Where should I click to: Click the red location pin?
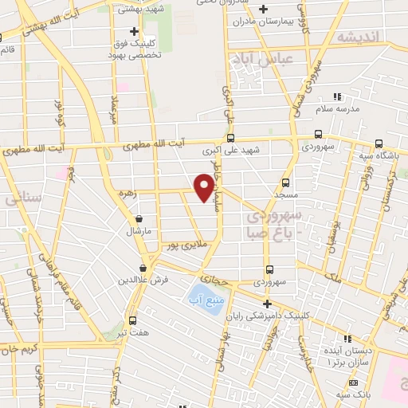(205, 187)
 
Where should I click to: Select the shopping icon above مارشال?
(139, 218)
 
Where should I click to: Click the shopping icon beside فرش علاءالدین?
(143, 268)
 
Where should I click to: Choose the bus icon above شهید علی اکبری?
(231, 137)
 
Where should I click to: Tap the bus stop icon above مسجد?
(286, 182)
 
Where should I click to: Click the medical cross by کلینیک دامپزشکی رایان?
(268, 303)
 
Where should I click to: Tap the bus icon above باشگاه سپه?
(379, 144)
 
